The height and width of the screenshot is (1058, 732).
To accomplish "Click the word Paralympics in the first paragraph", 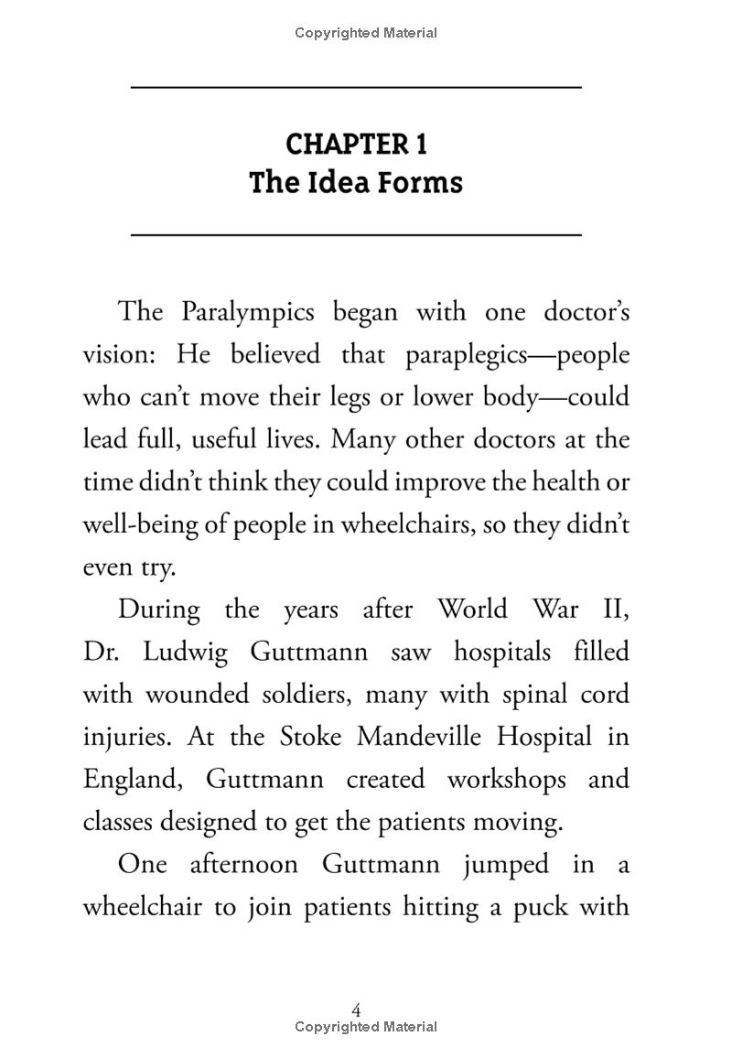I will [x=247, y=311].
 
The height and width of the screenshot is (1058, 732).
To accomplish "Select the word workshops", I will [x=506, y=780].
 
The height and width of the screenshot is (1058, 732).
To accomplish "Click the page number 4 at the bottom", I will [x=357, y=1009].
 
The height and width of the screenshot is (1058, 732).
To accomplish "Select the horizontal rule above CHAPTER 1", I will [x=357, y=87].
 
